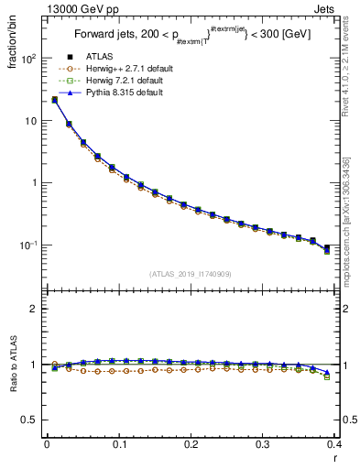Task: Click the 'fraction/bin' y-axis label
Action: coord(12,40)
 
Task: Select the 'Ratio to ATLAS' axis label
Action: coord(12,365)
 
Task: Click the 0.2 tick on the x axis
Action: coord(191,444)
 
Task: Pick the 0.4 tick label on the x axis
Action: coord(334,444)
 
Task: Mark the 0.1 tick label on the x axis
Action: coord(118,444)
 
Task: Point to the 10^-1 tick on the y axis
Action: coord(29,245)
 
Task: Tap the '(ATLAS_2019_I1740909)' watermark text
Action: coord(191,274)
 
